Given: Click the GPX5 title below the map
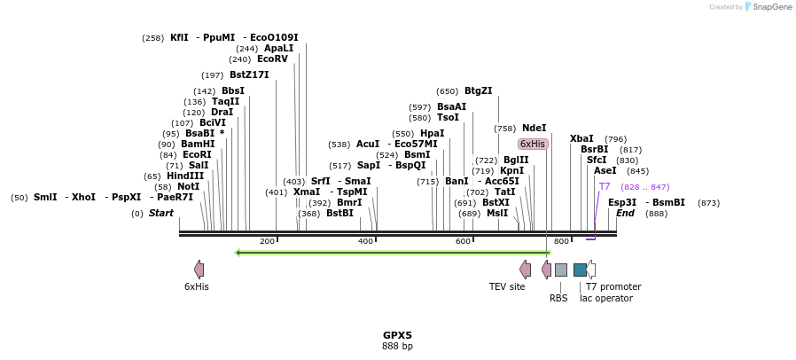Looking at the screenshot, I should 397,335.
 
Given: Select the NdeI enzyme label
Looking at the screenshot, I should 534,128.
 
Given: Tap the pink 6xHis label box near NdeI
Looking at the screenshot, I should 533,144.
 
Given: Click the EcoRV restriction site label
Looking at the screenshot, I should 272,59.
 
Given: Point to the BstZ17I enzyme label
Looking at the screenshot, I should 249,75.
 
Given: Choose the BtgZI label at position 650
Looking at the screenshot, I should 478,90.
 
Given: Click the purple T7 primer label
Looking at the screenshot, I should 605,187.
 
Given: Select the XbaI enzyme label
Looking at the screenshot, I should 581,139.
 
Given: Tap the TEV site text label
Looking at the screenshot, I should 507,286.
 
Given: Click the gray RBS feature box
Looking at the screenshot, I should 560,270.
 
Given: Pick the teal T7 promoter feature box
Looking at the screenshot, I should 580,270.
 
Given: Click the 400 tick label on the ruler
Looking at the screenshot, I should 365,242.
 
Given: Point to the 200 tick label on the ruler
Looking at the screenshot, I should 267,242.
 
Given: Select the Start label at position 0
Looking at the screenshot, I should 160,214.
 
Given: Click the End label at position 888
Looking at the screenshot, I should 625,214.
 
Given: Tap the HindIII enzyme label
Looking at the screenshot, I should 185,176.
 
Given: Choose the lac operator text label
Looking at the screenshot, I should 611,298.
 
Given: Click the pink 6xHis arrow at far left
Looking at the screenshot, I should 199,270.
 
